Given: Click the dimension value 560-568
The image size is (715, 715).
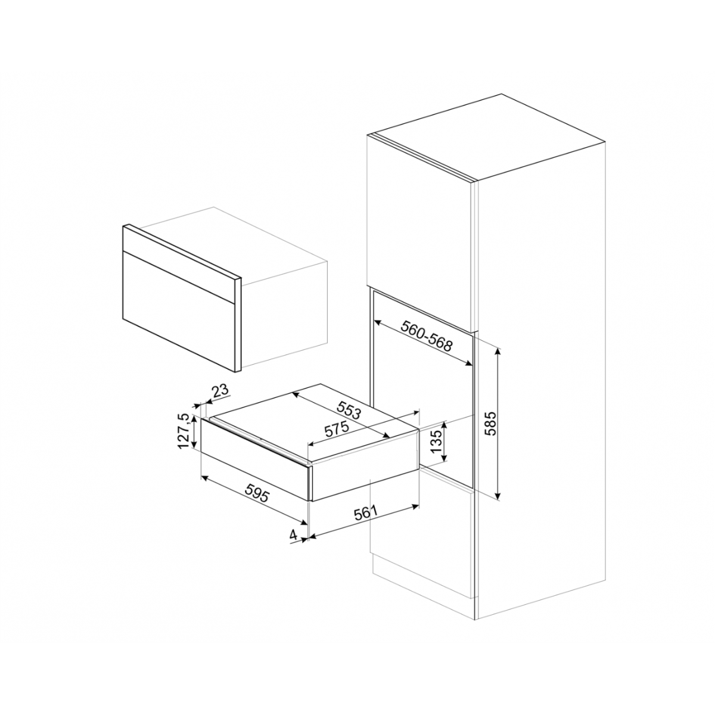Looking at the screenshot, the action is [x=427, y=336].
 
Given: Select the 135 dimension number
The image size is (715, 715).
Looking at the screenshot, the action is [x=437, y=441].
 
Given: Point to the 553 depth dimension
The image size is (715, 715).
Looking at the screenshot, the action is [x=349, y=411].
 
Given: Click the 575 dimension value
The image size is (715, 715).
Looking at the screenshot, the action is [x=337, y=430].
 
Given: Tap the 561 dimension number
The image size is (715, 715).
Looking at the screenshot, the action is [x=366, y=514].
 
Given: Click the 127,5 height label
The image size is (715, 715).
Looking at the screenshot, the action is [x=184, y=431].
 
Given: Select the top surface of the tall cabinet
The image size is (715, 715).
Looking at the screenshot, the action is [x=486, y=137].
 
